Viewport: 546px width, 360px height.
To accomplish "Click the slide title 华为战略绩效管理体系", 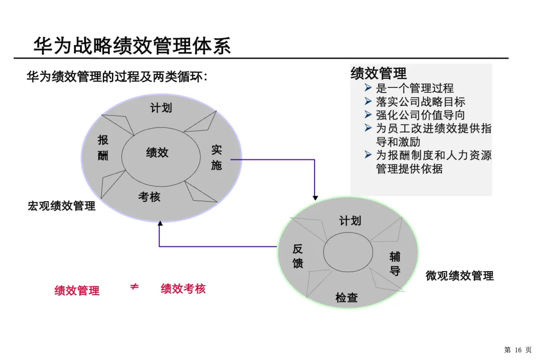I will click(132, 46).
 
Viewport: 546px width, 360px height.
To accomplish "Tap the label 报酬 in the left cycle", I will click(103, 148).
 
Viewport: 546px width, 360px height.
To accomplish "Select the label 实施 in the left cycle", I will click(216, 157).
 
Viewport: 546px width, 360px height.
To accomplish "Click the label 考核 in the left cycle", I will click(149, 197).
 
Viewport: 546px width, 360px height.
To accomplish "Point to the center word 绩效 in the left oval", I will click(157, 152).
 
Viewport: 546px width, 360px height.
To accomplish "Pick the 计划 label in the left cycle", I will click(161, 108).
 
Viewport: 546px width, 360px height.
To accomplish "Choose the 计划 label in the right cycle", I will click(350, 221).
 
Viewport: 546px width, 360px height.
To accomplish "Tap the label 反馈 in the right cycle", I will click(298, 256).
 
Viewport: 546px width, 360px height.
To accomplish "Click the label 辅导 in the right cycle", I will click(395, 263).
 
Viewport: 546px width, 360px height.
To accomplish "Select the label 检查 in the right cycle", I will click(346, 298).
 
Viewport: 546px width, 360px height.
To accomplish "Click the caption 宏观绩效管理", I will click(61, 206).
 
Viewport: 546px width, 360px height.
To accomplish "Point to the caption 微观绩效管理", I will click(460, 276).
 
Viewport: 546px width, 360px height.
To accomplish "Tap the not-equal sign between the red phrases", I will click(134, 287).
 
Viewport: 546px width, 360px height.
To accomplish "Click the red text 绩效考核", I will click(183, 289).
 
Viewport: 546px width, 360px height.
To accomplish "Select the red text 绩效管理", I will click(77, 291).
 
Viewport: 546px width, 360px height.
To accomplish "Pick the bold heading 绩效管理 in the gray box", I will click(379, 73).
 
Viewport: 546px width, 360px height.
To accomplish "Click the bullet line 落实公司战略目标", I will click(420, 102).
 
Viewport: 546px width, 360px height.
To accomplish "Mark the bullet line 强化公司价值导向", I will click(420, 115).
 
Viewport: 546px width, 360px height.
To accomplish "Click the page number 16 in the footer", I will click(518, 350).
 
